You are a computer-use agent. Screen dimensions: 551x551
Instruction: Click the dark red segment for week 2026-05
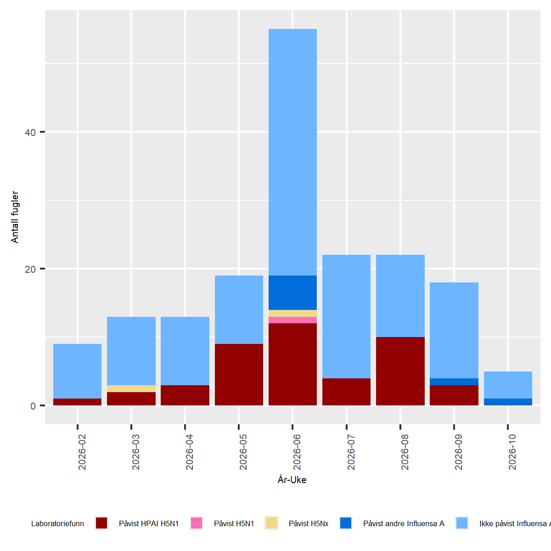click(239, 374)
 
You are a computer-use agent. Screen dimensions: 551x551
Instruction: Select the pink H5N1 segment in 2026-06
click(292, 320)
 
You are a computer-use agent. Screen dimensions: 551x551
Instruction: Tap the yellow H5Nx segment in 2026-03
click(131, 388)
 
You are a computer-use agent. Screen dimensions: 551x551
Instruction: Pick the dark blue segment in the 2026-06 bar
click(292, 292)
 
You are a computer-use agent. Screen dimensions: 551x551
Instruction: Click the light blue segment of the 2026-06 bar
click(292, 152)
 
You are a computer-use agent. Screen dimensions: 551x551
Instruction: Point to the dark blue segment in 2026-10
click(508, 402)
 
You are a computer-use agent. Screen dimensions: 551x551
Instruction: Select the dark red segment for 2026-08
click(400, 371)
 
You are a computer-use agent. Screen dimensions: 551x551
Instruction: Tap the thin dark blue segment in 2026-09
click(454, 382)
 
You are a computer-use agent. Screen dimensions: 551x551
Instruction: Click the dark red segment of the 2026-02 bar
click(77, 402)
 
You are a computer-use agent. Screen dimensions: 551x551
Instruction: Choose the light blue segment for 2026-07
click(346, 316)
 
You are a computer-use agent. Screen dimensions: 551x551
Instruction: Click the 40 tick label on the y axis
click(30, 132)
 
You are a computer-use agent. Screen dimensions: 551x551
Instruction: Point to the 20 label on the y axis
click(30, 269)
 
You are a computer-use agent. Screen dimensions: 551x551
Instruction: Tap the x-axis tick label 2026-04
click(190, 452)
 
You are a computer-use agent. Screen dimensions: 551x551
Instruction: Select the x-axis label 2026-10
click(512, 452)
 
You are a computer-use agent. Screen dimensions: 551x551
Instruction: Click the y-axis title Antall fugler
click(15, 217)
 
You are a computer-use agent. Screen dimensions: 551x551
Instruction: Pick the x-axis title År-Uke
click(292, 480)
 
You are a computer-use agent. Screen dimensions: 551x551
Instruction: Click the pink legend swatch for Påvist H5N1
click(197, 523)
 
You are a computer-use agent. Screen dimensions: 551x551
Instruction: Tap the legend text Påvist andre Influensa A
click(404, 523)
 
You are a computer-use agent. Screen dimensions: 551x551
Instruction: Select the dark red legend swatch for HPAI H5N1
click(101, 523)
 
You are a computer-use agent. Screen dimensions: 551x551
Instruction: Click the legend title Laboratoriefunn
click(57, 523)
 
